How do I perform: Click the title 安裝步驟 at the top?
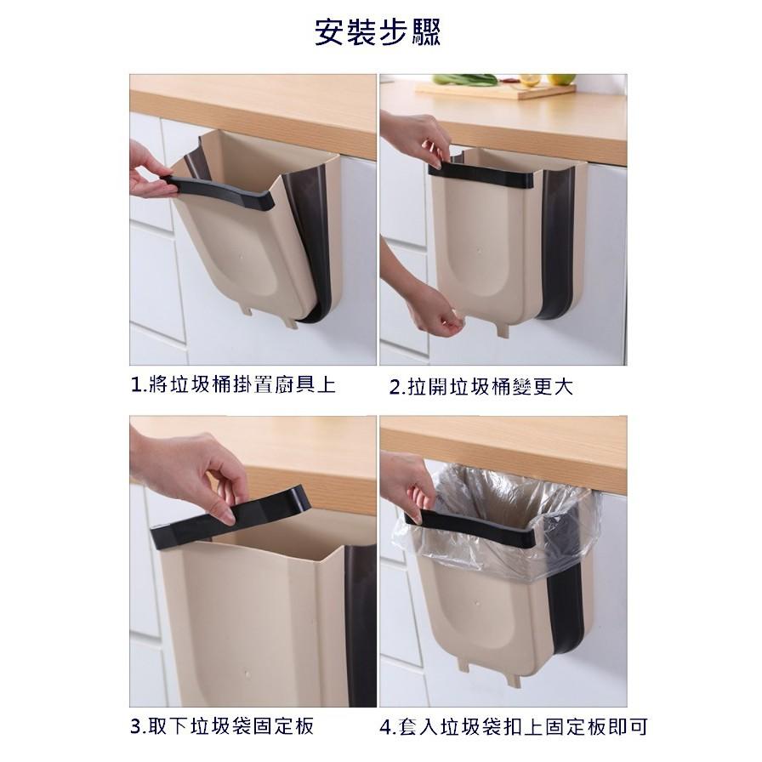pyautogui.click(x=378, y=33)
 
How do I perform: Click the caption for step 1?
pyautogui.click(x=233, y=385)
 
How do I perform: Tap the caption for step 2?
pyautogui.click(x=481, y=387)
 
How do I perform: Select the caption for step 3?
pyautogui.click(x=223, y=726)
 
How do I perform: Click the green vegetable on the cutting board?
pyautogui.click(x=465, y=79)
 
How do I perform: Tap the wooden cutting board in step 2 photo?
pyautogui.click(x=498, y=89)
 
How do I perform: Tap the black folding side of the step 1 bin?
pyautogui.click(x=313, y=238)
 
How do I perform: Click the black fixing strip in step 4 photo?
pyautogui.click(x=476, y=530)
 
